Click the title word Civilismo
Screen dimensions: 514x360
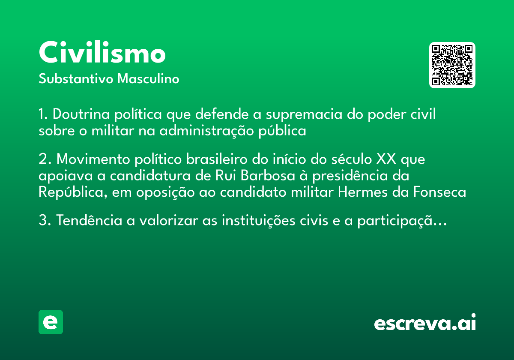(x=102, y=52)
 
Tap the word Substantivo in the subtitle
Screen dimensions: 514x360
(x=76, y=78)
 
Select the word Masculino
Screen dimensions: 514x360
(x=148, y=78)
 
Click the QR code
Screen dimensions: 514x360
(x=452, y=65)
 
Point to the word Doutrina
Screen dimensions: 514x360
(x=81, y=114)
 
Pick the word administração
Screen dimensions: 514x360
(x=206, y=131)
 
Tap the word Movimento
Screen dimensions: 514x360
(x=93, y=159)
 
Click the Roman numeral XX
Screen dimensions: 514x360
(x=386, y=159)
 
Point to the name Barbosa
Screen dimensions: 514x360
(x=268, y=175)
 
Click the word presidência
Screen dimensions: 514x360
(x=361, y=176)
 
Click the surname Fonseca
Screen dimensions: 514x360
(x=439, y=192)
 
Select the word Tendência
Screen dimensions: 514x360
(x=89, y=220)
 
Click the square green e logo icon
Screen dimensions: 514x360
(x=51, y=322)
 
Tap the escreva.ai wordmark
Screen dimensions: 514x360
(x=425, y=322)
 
